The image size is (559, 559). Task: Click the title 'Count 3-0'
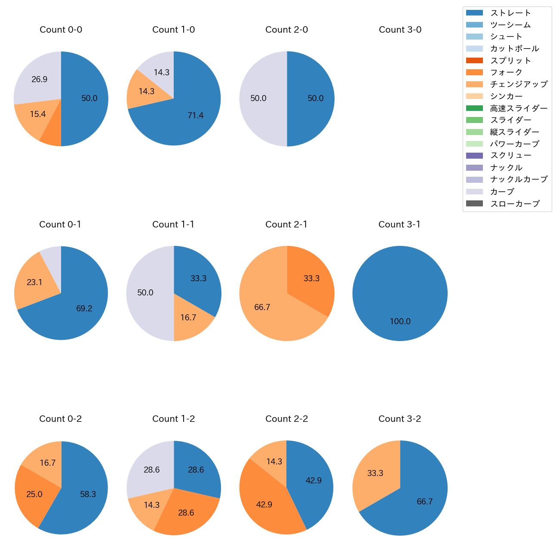pos(400,30)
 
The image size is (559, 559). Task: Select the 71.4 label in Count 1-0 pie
pos(196,115)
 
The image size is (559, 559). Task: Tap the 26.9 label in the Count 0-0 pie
pos(40,79)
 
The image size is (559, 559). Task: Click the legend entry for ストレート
pos(510,13)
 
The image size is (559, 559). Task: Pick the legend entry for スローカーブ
pos(515,204)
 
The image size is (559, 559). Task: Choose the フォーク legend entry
pos(506,72)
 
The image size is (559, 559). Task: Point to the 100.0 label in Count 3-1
pos(400,321)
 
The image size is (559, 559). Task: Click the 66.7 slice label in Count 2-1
pos(262,307)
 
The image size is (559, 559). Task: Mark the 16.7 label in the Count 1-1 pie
pos(188,317)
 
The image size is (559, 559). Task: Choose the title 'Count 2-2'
pos(287,419)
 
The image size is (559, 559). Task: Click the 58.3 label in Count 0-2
pos(88,494)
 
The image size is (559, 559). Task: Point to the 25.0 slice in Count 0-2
pos(34,494)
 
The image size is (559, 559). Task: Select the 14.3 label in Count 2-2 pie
pos(274,461)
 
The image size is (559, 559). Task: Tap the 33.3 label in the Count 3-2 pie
pos(375,473)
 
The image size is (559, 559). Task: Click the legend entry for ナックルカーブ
pos(519,180)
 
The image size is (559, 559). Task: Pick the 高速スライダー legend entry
pos(519,108)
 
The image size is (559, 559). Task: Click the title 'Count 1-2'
pos(174,419)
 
